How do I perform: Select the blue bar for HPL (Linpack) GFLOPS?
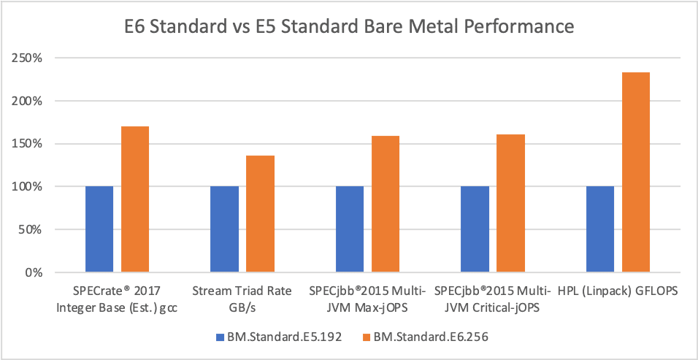pyautogui.click(x=599, y=229)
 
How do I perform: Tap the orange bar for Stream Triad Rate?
pyautogui.click(x=260, y=214)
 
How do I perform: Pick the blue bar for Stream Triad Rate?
pyautogui.click(x=224, y=229)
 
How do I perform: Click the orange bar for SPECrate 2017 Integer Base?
pyautogui.click(x=135, y=199)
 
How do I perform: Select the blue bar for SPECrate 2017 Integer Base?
pyautogui.click(x=99, y=229)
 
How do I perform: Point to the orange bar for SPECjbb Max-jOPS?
pyautogui.click(x=386, y=204)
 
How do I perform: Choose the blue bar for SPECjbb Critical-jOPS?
pyautogui.click(x=475, y=229)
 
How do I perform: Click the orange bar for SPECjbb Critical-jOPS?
pyautogui.click(x=510, y=204)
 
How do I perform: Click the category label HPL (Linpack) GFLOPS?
pyautogui.click(x=617, y=291)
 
